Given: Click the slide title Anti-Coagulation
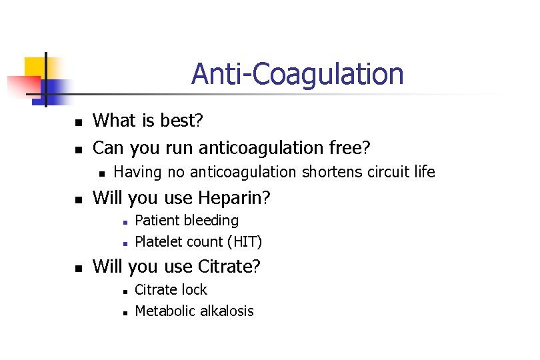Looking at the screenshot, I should (x=297, y=74).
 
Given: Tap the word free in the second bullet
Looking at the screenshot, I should (x=350, y=146).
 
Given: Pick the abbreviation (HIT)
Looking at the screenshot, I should (x=244, y=241).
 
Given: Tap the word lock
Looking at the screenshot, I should (x=193, y=289).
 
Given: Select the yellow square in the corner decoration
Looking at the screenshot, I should (x=35, y=67).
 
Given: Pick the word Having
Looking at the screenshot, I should (x=137, y=173).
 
